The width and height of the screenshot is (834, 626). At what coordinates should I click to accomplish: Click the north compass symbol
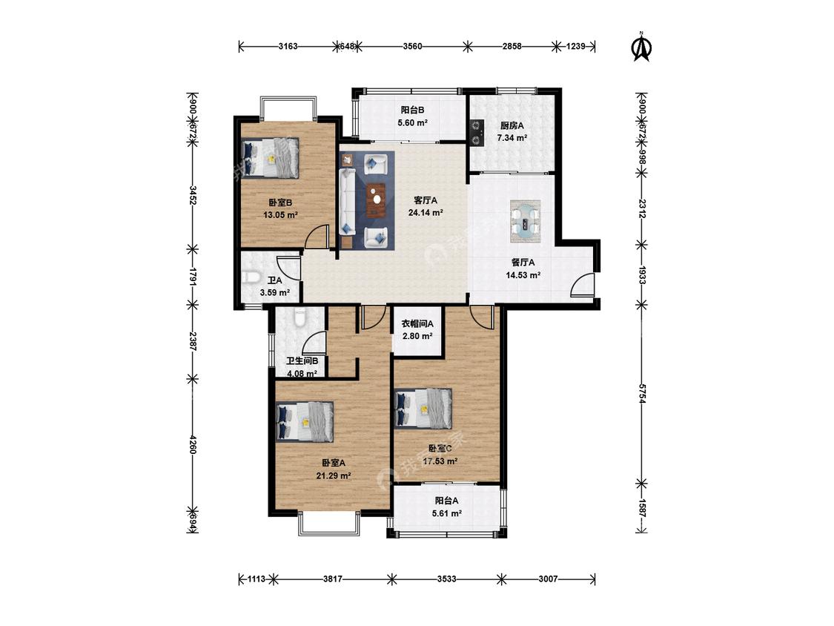point(641,47)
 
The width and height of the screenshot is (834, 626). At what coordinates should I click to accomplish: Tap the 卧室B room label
point(279,202)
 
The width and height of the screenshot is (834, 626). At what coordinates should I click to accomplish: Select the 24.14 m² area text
point(426,212)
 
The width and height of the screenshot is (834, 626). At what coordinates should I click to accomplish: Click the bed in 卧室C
point(423,408)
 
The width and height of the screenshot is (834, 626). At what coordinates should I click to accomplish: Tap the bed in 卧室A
point(305,421)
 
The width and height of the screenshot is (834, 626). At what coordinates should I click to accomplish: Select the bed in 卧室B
point(270,158)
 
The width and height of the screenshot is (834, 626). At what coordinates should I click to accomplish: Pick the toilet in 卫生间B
point(300,317)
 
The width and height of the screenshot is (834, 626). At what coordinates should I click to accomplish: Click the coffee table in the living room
point(377,200)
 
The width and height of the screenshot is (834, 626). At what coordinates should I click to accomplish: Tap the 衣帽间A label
point(417,323)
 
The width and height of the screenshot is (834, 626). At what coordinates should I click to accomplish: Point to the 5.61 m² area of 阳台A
point(447,514)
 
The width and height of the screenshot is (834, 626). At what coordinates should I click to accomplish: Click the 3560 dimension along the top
point(412,46)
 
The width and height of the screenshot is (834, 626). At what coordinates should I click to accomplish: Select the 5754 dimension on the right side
point(642,394)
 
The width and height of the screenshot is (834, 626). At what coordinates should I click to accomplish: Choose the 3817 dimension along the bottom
point(332,579)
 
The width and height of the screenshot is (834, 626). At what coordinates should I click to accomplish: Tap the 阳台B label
point(412,111)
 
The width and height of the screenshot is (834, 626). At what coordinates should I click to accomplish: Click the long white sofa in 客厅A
point(348,202)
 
